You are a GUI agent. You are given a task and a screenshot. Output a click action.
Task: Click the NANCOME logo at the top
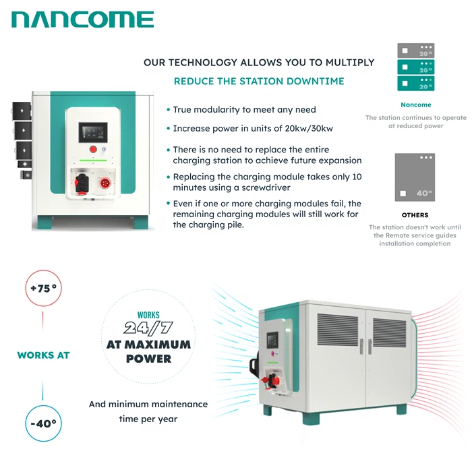[83, 20]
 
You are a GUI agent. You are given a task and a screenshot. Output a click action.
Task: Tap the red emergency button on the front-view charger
[93, 149]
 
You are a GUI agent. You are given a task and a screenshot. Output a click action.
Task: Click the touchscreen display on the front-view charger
[93, 132]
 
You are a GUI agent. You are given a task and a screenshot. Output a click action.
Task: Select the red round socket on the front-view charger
[105, 183]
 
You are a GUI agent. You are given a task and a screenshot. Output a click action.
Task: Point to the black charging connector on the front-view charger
[82, 183]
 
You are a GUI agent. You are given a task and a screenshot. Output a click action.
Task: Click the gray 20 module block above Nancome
[416, 51]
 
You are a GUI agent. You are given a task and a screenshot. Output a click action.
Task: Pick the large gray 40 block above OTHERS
[415, 177]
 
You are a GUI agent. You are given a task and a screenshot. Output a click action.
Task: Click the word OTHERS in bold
[415, 215]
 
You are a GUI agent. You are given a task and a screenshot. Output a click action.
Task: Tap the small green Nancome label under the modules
[416, 105]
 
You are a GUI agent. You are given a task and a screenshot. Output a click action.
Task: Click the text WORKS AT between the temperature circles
[43, 355]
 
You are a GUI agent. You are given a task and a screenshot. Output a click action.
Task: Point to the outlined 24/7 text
[148, 328]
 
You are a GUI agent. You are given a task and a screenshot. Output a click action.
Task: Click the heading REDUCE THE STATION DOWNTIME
[259, 82]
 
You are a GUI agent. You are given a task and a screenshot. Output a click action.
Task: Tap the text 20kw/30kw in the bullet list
[309, 129]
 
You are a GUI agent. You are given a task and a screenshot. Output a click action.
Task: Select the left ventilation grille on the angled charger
[337, 330]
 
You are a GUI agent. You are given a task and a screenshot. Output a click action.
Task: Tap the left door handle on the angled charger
[361, 347]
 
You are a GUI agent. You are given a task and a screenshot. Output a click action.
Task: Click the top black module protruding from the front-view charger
[22, 111]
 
